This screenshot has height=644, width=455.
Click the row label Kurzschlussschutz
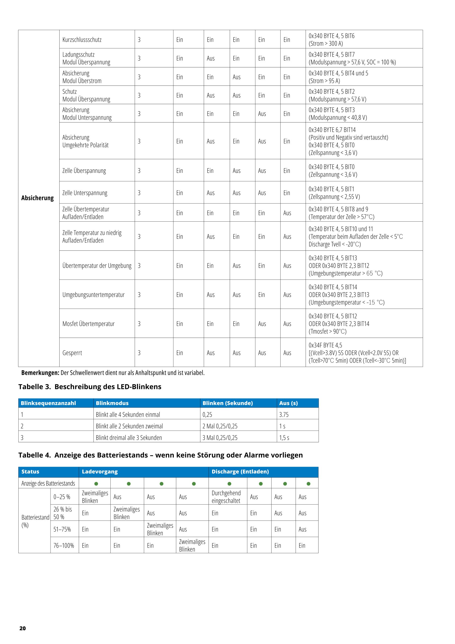82,39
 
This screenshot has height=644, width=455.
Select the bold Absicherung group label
37,198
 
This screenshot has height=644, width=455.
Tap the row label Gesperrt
72,353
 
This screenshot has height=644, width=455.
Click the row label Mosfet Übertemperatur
88,324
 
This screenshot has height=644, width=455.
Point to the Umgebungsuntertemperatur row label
93,295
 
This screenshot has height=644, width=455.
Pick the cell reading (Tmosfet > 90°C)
328,331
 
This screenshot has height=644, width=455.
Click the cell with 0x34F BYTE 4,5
325,345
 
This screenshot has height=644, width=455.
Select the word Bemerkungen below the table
40,373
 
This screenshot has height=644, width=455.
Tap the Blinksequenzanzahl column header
48,403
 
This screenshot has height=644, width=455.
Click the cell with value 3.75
284,415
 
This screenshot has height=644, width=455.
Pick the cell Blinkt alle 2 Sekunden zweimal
129,426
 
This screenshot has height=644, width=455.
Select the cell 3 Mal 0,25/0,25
220,437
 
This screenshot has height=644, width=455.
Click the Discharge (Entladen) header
240,471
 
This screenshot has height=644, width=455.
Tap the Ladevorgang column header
100,471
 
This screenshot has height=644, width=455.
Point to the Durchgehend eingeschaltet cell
226,497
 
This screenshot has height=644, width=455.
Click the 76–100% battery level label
64,546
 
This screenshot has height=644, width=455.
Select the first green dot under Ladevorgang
96,484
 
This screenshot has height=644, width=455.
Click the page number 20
22,628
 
